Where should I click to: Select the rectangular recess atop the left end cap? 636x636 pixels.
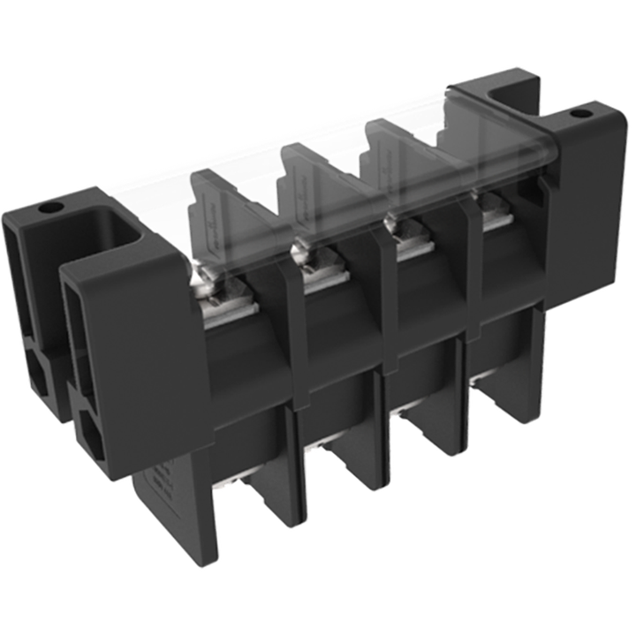click(112, 228)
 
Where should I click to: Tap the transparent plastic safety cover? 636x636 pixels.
click(353, 132)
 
